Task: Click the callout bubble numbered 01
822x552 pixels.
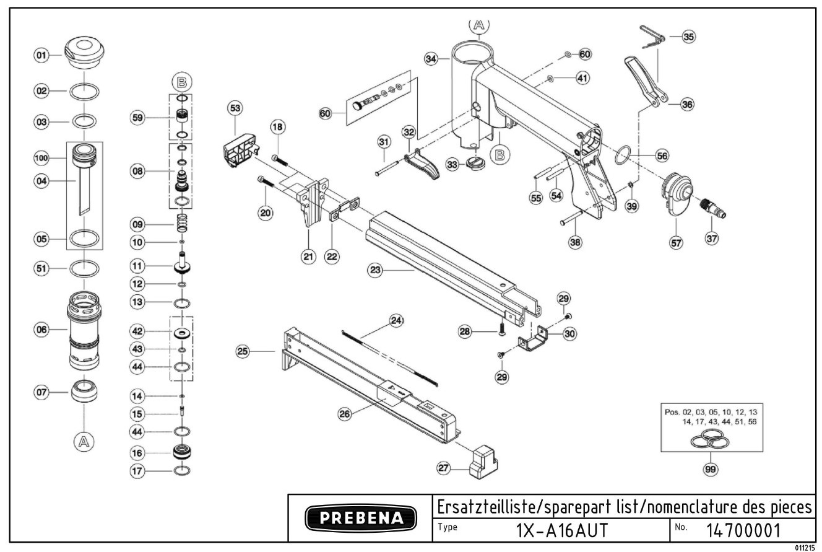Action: point(41,56)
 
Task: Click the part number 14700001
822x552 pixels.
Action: point(743,530)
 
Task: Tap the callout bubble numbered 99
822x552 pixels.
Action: point(710,470)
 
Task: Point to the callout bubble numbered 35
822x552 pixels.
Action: point(688,37)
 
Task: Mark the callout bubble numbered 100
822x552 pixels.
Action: point(41,159)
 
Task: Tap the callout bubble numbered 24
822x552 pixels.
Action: point(396,321)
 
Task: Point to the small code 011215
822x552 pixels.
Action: point(805,548)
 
